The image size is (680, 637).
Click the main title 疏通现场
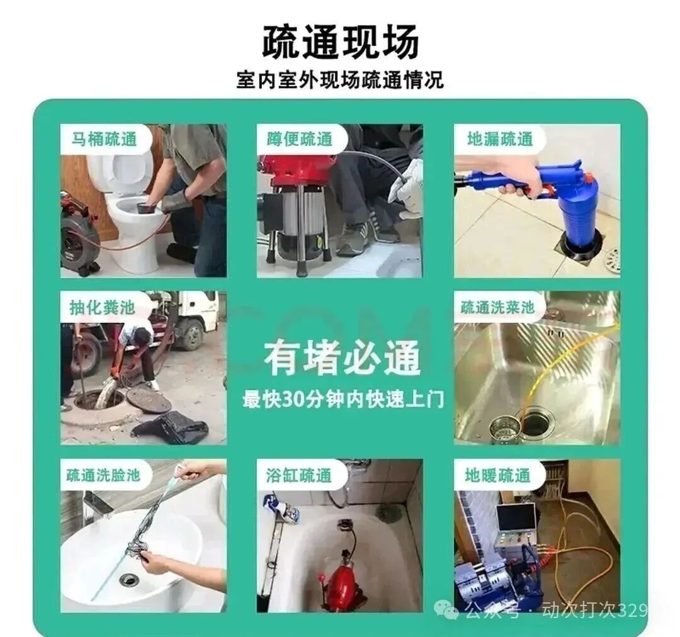pos(341,42)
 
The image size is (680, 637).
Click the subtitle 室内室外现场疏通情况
pos(340,80)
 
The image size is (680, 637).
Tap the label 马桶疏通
pos(104,139)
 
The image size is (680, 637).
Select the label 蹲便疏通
pos(300,139)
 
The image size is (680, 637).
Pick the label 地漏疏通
pos(499,139)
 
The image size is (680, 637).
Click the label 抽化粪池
pos(103,307)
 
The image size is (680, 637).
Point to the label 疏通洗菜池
pos(497,307)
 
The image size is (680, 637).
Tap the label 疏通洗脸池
pos(103,475)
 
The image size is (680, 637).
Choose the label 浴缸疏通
pos(299,475)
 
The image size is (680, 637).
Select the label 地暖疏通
pos(497,475)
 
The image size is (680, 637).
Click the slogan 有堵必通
pos(342,358)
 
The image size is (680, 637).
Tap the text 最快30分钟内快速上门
pos(343,399)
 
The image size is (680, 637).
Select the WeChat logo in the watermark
pos(446,611)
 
